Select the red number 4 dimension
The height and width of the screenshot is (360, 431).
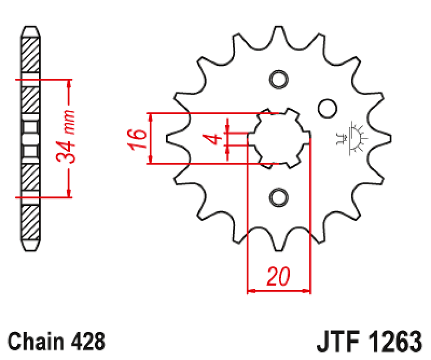click(214, 139)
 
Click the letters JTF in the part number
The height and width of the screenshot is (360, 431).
click(339, 342)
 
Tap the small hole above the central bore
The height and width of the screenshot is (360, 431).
click(278, 79)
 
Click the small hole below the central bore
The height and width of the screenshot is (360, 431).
click(278, 197)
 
